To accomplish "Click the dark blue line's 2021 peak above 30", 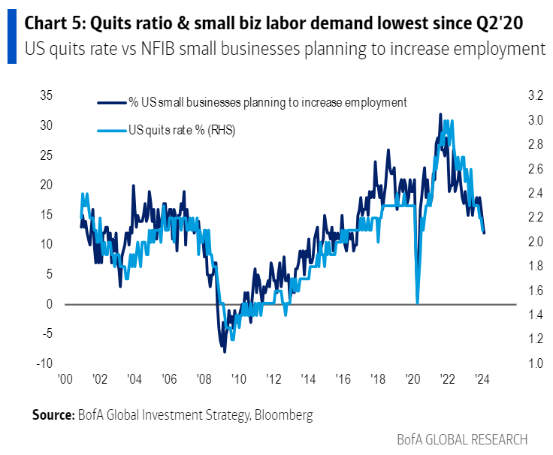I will tap(440, 114).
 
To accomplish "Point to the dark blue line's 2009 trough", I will tap(224, 351).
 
